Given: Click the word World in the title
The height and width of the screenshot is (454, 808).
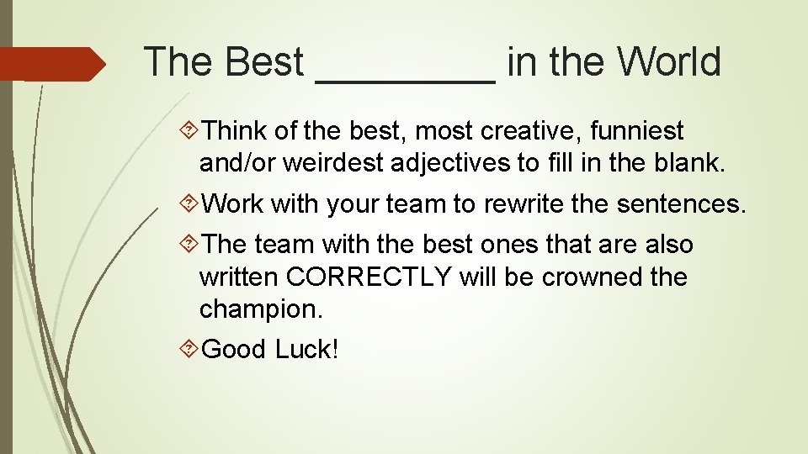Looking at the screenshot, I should pyautogui.click(x=669, y=62).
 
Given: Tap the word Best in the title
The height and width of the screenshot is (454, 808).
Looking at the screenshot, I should pyautogui.click(x=258, y=62).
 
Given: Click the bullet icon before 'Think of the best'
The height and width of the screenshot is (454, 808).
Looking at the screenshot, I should pyautogui.click(x=190, y=131).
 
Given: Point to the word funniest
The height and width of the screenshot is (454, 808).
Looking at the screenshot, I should pyautogui.click(x=637, y=131).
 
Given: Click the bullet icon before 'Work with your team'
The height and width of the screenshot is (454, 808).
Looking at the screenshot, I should pyautogui.click(x=190, y=204).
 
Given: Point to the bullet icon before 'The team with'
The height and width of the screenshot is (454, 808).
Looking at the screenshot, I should pyautogui.click(x=190, y=245).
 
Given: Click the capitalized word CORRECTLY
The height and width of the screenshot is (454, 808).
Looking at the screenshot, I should pyautogui.click(x=369, y=277).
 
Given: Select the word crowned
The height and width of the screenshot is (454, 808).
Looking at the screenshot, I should pyautogui.click(x=590, y=277).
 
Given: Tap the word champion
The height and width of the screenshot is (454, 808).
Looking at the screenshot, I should pyautogui.click(x=260, y=309).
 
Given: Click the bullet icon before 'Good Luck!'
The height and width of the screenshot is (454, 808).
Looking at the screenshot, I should pyautogui.click(x=190, y=349).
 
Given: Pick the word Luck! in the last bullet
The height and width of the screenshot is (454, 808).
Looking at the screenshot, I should pyautogui.click(x=306, y=349).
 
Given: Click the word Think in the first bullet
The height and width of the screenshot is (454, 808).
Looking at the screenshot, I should pyautogui.click(x=235, y=131).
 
